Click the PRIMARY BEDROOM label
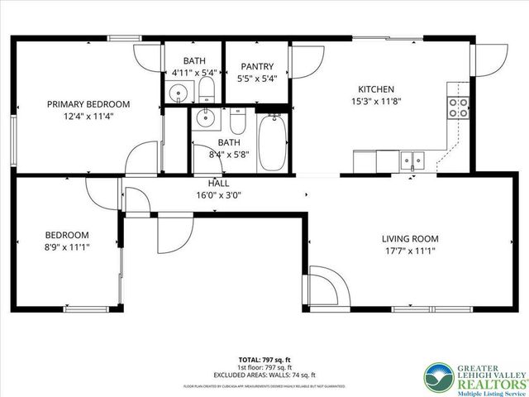(x=88, y=104)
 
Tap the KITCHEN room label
(x=375, y=89)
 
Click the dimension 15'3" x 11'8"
(x=375, y=103)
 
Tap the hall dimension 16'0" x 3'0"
(x=218, y=196)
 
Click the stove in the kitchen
(x=458, y=107)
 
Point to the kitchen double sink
(x=410, y=158)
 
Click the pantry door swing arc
(x=306, y=60)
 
